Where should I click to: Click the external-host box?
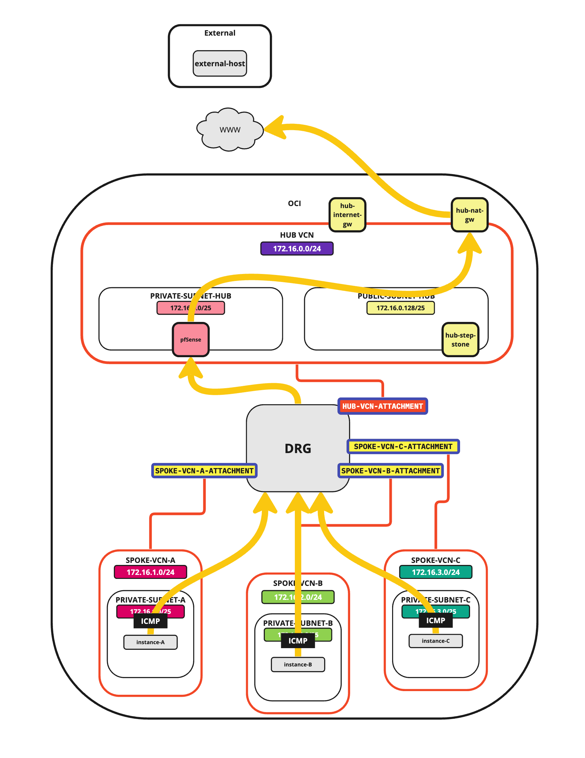coord(220,64)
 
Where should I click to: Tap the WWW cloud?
coord(230,130)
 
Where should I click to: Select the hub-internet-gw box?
coord(347,215)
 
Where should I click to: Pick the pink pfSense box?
coord(190,340)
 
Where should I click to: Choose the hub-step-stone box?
coord(460,340)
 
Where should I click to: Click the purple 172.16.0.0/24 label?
coord(297,248)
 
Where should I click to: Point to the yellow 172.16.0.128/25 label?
coord(400,308)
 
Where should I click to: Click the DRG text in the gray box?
coord(298,448)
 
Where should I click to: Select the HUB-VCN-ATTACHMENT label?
coord(382,406)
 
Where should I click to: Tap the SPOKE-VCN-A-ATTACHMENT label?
coord(204,471)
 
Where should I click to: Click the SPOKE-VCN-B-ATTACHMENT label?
coord(390,471)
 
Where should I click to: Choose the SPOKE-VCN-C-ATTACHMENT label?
coord(403,446)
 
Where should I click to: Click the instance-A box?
coord(151,642)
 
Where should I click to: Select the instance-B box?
coord(298,664)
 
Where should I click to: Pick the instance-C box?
coord(435,641)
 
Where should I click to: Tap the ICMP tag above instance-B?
coord(298,641)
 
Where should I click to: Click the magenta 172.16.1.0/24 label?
coord(151,572)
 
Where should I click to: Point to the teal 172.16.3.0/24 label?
coord(435,572)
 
